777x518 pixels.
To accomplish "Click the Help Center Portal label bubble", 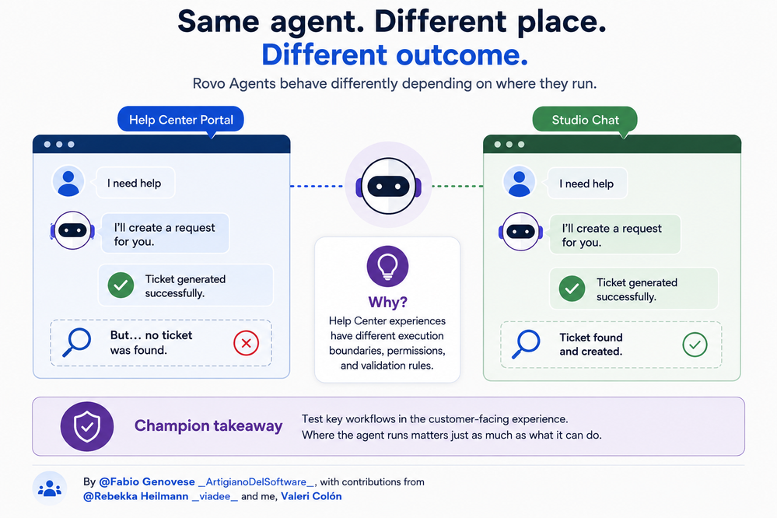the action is (x=180, y=120).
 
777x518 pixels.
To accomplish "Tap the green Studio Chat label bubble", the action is (x=585, y=120).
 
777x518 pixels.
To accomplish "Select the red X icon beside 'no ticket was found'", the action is (x=247, y=342).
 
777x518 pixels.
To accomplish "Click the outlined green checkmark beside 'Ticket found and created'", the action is (x=695, y=345).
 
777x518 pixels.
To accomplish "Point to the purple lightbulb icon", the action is (x=387, y=266).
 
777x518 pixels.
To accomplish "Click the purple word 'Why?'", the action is (x=387, y=302).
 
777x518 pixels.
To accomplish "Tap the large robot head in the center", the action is (x=389, y=186).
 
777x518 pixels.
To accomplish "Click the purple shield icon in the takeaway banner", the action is (x=87, y=426).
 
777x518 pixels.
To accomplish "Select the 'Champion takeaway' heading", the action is (x=208, y=425).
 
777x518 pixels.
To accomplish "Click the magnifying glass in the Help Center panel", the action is (x=77, y=342).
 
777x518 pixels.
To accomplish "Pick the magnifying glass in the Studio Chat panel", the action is (x=526, y=344).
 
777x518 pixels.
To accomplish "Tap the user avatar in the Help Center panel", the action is (x=68, y=182).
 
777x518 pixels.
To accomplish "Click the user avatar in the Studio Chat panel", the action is (x=519, y=182).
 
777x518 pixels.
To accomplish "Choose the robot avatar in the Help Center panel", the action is (x=72, y=230).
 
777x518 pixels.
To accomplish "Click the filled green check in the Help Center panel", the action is (x=121, y=285).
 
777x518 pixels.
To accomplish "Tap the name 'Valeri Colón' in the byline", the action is (x=311, y=496).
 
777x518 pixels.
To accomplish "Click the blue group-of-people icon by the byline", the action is (x=50, y=488).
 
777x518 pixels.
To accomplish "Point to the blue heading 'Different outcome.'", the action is (x=394, y=54).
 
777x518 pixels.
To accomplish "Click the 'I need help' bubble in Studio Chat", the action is (x=587, y=184).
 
